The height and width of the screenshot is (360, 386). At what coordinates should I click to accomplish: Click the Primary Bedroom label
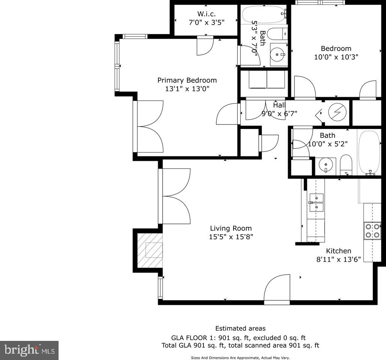point(187,80)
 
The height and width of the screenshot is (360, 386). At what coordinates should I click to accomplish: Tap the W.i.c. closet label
point(206,14)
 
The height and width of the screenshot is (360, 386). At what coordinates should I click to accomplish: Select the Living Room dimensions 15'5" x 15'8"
point(231,237)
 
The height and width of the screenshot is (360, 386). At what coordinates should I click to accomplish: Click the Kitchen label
point(338,251)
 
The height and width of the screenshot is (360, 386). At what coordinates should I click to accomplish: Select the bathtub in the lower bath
point(369,152)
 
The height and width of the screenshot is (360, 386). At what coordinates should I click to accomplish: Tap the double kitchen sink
point(316,202)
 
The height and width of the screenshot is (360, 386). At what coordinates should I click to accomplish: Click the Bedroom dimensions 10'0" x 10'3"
point(336,57)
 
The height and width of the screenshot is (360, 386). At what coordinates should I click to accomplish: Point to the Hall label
point(279,105)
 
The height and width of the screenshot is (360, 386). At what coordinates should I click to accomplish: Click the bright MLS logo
point(29,350)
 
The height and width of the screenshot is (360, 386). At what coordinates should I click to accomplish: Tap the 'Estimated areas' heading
point(240,328)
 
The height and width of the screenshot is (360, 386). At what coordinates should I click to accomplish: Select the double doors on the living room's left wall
point(176,196)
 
